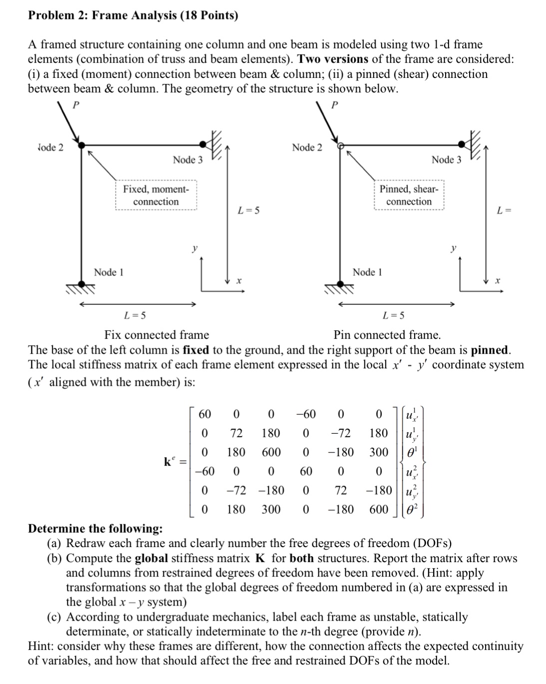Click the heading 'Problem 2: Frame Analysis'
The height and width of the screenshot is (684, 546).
click(x=133, y=15)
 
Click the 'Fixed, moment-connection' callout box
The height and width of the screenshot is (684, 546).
click(x=156, y=195)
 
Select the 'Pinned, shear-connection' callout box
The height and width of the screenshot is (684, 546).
click(x=409, y=195)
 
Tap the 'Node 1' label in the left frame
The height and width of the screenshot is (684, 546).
click(x=108, y=272)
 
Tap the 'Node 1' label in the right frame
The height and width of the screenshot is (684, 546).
click(x=367, y=272)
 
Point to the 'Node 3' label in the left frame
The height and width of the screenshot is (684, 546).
click(x=187, y=160)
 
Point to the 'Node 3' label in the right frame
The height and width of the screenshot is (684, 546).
click(x=446, y=160)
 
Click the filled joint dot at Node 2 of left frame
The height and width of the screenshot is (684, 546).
click(x=82, y=145)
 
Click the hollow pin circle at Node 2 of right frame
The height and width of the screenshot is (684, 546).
click(x=341, y=145)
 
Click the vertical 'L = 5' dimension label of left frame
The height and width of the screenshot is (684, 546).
click(x=248, y=211)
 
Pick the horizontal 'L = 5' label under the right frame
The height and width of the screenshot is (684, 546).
click(x=394, y=316)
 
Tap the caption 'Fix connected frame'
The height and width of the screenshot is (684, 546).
click(x=156, y=335)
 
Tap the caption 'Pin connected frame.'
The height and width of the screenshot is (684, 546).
click(x=387, y=335)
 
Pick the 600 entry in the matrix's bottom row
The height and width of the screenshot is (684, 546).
click(x=378, y=509)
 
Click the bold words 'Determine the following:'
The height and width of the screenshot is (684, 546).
click(x=95, y=529)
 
